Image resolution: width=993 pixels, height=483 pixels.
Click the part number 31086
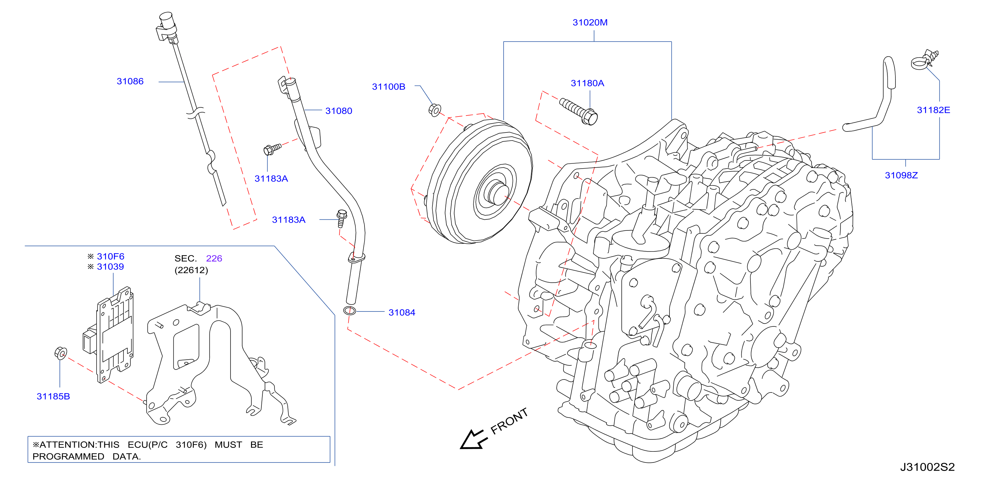click(130, 81)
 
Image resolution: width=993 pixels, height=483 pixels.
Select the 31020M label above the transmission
click(590, 22)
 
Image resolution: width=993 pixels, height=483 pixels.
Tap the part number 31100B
click(389, 87)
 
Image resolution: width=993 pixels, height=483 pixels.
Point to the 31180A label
click(587, 83)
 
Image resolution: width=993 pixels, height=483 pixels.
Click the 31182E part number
click(933, 110)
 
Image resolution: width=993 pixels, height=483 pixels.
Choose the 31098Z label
click(901, 175)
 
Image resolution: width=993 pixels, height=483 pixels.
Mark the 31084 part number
click(402, 313)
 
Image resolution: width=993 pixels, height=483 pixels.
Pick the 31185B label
click(53, 396)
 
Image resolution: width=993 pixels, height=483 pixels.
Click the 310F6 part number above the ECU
click(111, 256)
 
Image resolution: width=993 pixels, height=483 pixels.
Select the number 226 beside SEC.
click(214, 258)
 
